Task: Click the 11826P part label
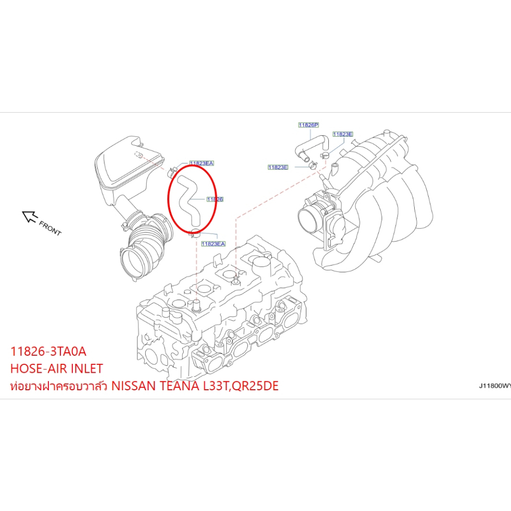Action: [308, 125]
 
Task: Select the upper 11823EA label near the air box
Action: [201, 163]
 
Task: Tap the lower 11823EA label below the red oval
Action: [213, 244]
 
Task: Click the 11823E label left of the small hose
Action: [278, 167]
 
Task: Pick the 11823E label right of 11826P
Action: [343, 134]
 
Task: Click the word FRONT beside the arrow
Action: [50, 228]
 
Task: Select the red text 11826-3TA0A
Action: [48, 351]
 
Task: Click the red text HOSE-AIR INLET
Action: [56, 369]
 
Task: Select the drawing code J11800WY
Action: [494, 386]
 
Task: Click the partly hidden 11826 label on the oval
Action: [215, 199]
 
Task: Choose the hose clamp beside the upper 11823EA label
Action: [172, 171]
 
